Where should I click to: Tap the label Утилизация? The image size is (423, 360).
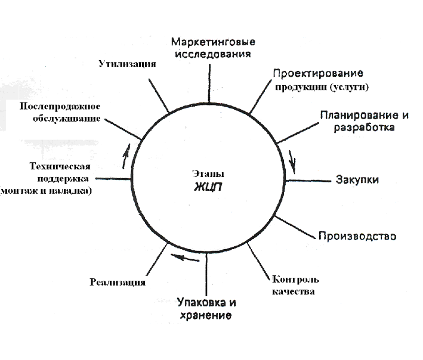tap(128, 64)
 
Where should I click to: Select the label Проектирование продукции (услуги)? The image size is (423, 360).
tap(319, 80)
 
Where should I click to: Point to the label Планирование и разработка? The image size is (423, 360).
tap(356, 120)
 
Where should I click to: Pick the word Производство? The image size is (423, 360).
tap(357, 235)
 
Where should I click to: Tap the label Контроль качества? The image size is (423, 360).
tap(295, 285)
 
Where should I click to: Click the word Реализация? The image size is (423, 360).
tap(118, 282)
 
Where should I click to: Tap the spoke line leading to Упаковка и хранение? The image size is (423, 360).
tap(207, 274)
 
